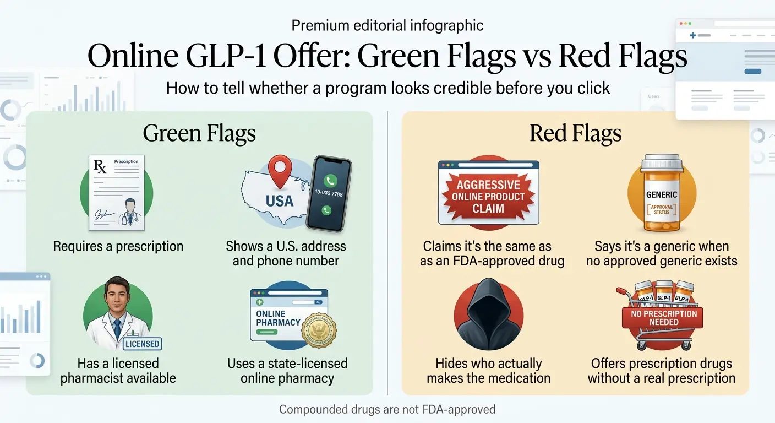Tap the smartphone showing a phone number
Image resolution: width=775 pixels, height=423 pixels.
pyautogui.click(x=329, y=193)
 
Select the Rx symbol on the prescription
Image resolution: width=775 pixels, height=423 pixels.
pyautogui.click(x=101, y=167)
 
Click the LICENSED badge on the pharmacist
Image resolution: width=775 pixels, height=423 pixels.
pyautogui.click(x=142, y=344)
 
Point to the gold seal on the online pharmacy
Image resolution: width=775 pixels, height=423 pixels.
pyautogui.click(x=319, y=330)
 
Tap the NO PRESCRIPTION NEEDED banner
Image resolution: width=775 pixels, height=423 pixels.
pyautogui.click(x=664, y=318)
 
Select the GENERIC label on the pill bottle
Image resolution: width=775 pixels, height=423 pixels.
pyautogui.click(x=662, y=195)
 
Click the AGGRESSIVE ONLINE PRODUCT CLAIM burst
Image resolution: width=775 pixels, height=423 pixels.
pyautogui.click(x=488, y=197)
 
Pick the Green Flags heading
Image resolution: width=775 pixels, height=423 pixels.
pyautogui.click(x=199, y=134)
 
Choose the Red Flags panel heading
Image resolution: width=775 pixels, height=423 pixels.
pyautogui.click(x=575, y=134)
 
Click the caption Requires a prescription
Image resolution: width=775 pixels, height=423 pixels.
pyautogui.click(x=118, y=246)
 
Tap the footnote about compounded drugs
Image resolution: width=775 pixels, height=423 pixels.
pyautogui.click(x=387, y=409)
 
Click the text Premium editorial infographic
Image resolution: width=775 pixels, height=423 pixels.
pyautogui.click(x=387, y=25)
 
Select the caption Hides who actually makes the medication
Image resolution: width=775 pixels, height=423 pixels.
pyautogui.click(x=488, y=371)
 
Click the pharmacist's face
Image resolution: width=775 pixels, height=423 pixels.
pyautogui.click(x=116, y=299)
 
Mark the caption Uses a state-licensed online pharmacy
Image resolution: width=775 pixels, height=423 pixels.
pyautogui.click(x=287, y=371)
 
